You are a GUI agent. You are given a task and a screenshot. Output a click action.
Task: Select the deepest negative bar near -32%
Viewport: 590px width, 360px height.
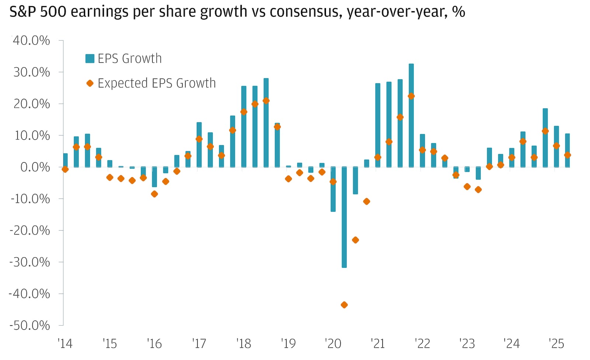(344, 217)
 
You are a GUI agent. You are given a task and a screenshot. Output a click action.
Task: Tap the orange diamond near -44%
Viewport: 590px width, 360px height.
(344, 305)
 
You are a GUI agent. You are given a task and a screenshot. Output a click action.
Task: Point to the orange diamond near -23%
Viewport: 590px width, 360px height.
(355, 240)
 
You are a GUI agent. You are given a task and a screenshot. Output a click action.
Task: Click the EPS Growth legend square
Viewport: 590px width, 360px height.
(90, 59)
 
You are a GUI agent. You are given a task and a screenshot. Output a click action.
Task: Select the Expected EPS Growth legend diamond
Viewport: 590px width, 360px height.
(90, 83)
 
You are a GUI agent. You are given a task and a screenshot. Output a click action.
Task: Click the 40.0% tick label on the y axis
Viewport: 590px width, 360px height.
(31, 41)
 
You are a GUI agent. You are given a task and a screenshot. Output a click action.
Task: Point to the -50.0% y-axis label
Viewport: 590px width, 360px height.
(29, 325)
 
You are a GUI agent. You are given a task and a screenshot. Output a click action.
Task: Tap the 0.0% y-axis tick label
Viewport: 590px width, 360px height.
(35, 167)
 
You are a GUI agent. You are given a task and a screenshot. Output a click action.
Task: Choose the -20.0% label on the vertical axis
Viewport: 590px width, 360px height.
(29, 231)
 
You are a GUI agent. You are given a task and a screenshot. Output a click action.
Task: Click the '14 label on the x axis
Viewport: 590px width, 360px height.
(65, 344)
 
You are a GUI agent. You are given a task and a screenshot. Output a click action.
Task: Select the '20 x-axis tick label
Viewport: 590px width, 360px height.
(333, 344)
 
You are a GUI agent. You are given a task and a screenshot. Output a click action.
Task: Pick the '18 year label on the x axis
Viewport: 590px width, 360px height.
(244, 344)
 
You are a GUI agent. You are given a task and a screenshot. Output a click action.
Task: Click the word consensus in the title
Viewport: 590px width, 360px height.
(306, 12)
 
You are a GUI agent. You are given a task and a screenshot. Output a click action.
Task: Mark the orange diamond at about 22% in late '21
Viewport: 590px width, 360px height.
(411, 96)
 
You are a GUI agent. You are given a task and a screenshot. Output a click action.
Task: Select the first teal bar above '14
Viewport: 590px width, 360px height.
(65, 160)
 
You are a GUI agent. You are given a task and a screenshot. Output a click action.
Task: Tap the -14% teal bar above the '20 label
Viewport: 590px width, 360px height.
(333, 189)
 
